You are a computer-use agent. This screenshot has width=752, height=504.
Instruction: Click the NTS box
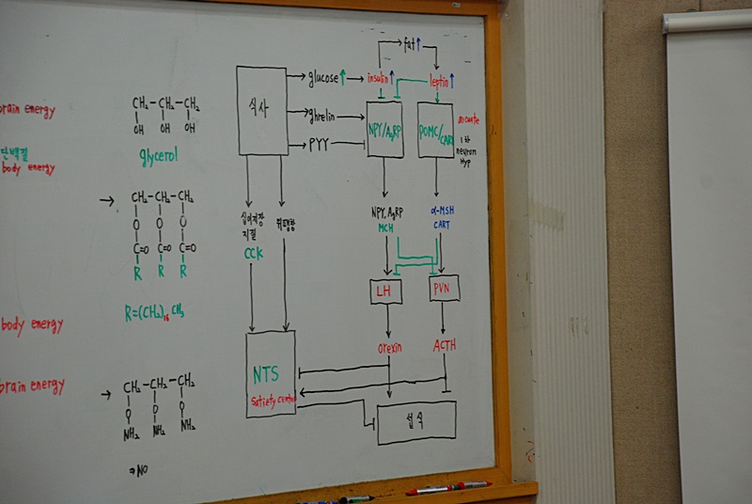[271, 373]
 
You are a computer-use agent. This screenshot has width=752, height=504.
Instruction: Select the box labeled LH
[385, 291]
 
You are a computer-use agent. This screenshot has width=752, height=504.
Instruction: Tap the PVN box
[444, 288]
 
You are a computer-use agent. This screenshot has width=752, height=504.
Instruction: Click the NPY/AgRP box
[384, 129]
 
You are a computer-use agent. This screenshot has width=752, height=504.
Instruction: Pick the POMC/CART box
[435, 130]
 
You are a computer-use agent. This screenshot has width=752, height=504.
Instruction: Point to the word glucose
[323, 78]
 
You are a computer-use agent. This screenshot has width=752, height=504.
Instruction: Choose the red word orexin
[389, 347]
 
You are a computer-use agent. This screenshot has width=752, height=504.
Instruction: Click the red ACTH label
[445, 345]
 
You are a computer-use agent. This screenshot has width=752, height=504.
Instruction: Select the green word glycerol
[158, 156]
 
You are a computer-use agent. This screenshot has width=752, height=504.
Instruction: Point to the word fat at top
[410, 44]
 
